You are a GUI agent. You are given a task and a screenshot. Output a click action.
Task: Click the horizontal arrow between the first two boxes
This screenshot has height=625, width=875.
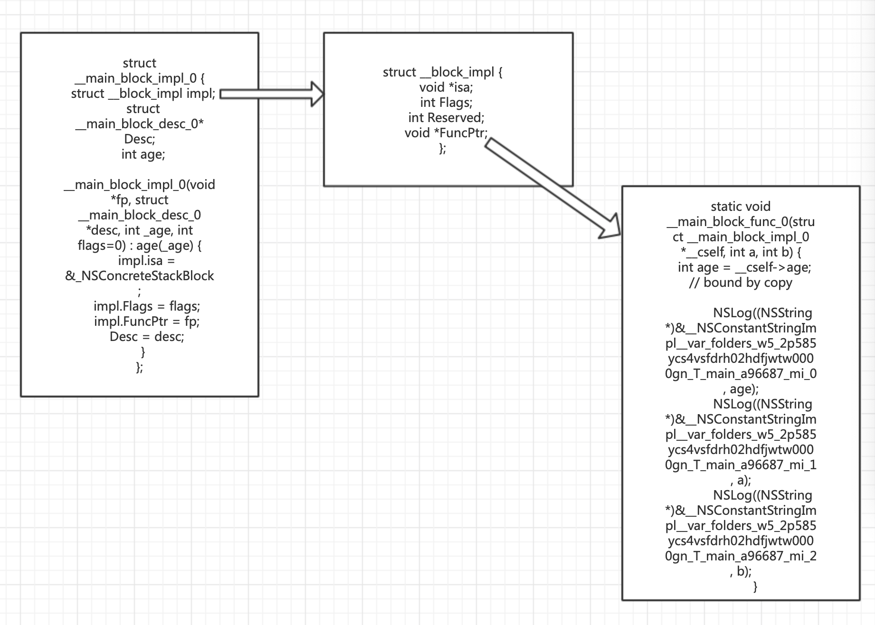[x=272, y=94]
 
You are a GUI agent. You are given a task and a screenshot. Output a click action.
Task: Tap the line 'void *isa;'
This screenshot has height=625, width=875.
[x=446, y=87]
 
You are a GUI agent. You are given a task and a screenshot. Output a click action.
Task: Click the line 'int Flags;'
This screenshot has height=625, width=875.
[x=446, y=103]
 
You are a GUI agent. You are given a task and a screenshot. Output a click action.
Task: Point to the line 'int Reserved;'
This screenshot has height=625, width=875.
[x=446, y=118]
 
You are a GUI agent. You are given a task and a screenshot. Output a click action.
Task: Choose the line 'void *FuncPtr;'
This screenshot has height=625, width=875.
[x=446, y=133]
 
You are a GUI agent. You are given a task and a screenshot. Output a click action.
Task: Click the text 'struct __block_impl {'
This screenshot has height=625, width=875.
[x=443, y=72]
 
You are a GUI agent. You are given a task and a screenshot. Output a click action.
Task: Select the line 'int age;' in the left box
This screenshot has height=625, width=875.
[x=143, y=154]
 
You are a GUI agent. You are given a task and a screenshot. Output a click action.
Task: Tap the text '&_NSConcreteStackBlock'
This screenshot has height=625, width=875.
[x=140, y=276]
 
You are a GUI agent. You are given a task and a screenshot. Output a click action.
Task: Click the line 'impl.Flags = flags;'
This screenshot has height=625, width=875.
[x=147, y=306]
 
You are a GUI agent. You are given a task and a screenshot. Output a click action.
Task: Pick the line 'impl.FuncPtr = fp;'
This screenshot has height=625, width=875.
[x=147, y=322]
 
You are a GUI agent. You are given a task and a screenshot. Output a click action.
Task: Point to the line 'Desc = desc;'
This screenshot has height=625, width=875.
[x=147, y=337]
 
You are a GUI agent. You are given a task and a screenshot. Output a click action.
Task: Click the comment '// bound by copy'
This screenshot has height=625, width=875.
[x=741, y=283]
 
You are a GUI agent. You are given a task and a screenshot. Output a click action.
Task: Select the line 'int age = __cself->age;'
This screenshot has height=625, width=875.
[x=744, y=267]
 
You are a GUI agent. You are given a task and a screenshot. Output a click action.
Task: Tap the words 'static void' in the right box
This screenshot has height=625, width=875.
[x=741, y=207]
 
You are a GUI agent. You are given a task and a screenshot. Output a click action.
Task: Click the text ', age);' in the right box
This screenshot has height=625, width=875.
[x=741, y=389]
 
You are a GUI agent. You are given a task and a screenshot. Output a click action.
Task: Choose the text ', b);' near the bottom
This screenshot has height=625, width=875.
[x=741, y=571]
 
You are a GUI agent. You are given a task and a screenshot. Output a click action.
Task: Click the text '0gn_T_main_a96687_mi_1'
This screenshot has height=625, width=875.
[x=741, y=465]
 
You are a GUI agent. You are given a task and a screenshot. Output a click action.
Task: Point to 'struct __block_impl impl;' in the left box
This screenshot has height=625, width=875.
[x=143, y=94]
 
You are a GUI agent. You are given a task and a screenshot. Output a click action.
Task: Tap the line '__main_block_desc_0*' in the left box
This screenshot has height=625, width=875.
[x=140, y=124]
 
